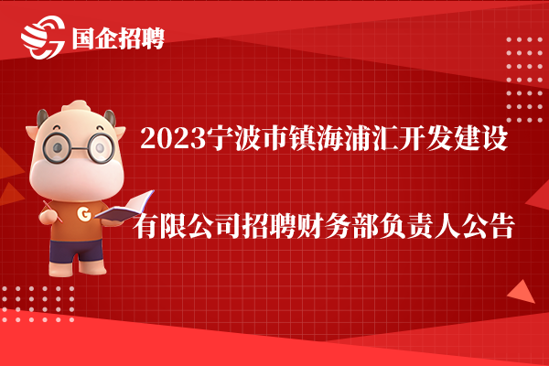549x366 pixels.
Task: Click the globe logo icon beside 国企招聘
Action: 43,37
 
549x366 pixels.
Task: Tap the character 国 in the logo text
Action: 83,38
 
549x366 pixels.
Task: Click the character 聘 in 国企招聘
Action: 153,38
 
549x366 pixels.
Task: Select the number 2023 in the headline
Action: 173,138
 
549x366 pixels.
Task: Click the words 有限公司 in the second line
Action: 188,226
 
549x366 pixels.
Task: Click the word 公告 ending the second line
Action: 488,226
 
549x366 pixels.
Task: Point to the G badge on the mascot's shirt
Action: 84,213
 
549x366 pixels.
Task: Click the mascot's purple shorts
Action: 77,251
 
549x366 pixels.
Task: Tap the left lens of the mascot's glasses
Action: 56,147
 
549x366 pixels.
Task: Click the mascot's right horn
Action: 110,117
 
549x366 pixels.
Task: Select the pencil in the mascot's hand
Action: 52,211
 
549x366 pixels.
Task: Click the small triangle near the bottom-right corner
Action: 522,293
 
